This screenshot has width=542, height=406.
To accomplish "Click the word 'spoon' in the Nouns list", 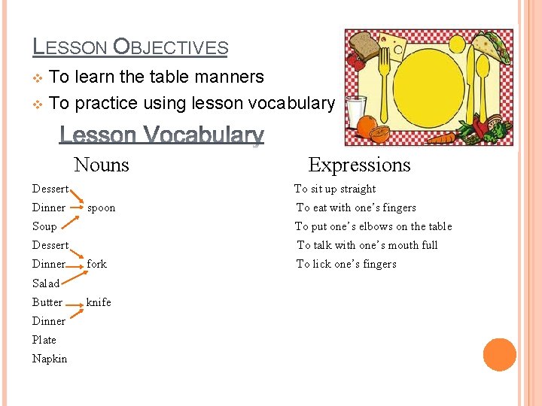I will click(101, 208).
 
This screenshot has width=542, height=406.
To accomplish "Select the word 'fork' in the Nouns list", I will click(97, 264).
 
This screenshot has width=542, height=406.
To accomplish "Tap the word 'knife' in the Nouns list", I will click(99, 302).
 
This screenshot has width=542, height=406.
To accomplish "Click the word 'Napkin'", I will click(50, 359).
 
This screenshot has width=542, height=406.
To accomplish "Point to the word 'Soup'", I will click(44, 226).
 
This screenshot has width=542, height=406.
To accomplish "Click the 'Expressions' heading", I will click(359, 165).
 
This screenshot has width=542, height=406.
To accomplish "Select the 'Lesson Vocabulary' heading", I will click(162, 135).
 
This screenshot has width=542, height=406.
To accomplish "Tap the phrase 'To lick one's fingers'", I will click(346, 264).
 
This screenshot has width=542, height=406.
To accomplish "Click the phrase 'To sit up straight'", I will click(335, 189).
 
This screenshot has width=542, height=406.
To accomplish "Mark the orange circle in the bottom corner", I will click(500, 355).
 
